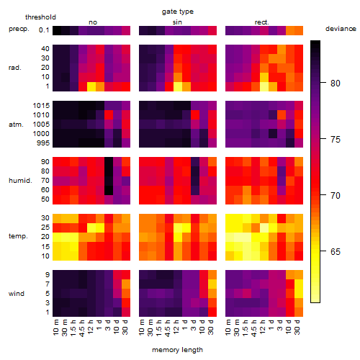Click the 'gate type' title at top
click(x=178, y=12)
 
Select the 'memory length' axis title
click(x=177, y=350)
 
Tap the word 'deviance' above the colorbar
click(x=341, y=29)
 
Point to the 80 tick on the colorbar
click(x=323, y=83)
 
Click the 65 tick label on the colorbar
click(x=336, y=251)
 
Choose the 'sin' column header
click(x=177, y=22)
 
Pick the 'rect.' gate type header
click(x=262, y=22)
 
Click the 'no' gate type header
click(x=93, y=22)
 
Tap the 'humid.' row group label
click(x=20, y=181)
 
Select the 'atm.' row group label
click(x=16, y=125)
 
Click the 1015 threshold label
click(x=41, y=105)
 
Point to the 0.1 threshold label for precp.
click(x=44, y=30)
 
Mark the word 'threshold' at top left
click(x=40, y=17)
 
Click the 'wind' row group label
click(x=17, y=294)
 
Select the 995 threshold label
click(x=43, y=143)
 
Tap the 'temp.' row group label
click(x=18, y=236)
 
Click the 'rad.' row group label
click(x=15, y=68)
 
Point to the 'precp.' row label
click(x=19, y=29)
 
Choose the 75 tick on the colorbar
click(x=323, y=139)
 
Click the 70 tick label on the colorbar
click(x=336, y=196)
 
